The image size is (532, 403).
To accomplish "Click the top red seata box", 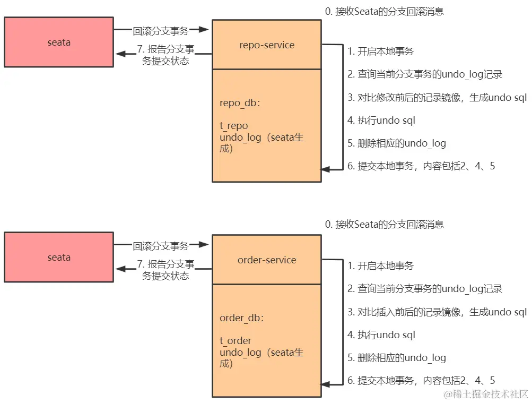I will click(58, 42).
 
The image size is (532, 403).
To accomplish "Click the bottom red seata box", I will click(58, 257).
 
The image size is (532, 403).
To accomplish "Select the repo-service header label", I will click(266, 45).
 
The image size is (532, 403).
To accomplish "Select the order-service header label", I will click(266, 260).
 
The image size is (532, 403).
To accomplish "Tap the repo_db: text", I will click(240, 103).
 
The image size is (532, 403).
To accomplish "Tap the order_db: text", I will click(242, 318).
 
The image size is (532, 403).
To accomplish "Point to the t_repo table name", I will click(234, 126).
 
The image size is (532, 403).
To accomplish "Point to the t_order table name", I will click(236, 341).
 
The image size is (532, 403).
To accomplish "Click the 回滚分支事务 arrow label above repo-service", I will click(161, 31).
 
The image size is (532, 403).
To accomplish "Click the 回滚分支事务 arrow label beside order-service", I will click(161, 246).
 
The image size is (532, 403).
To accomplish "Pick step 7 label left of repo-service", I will click(165, 55).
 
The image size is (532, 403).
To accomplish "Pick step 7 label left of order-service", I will click(165, 270).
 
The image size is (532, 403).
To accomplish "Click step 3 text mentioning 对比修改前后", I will click(437, 98).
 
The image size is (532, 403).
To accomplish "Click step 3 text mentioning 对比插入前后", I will click(437, 312).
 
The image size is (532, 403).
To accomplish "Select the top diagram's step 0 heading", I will click(384, 11).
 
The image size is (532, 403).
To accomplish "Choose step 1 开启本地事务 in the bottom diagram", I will click(380, 266).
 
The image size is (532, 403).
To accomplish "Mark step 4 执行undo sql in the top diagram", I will click(381, 121).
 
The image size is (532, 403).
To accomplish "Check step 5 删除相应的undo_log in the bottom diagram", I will click(396, 358).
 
